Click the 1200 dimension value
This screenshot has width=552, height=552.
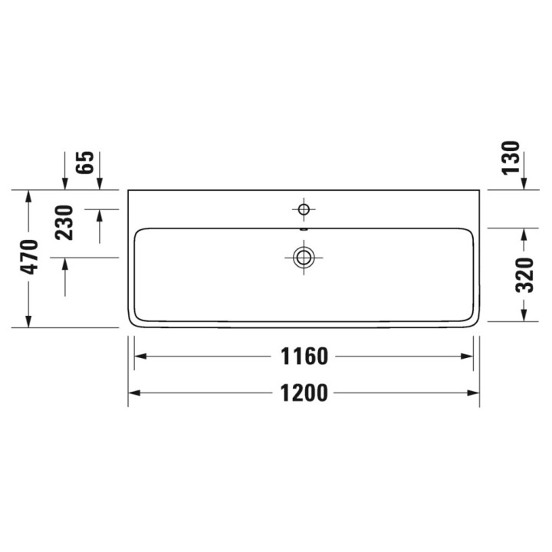pyautogui.click(x=304, y=393)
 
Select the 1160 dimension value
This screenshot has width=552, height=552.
pyautogui.click(x=304, y=356)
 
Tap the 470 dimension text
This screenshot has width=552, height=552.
pyautogui.click(x=29, y=258)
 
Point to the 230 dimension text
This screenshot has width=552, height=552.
pyautogui.click(x=64, y=222)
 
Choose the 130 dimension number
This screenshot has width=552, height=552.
pyautogui.click(x=511, y=156)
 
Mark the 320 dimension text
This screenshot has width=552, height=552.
pyautogui.click(x=524, y=275)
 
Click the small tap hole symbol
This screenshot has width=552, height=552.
pyautogui.click(x=304, y=209)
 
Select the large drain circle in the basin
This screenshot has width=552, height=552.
pyautogui.click(x=304, y=258)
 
